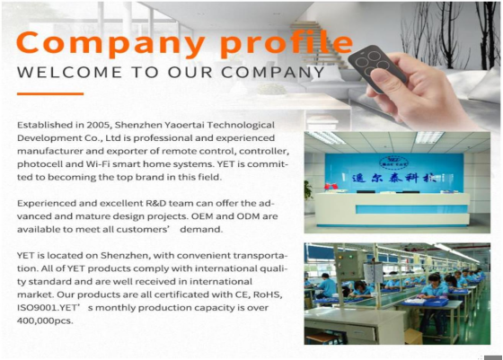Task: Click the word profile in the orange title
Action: click(x=287, y=44)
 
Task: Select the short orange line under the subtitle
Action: click(x=50, y=94)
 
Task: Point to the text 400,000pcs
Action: click(x=45, y=320)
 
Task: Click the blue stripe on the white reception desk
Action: click(x=411, y=209)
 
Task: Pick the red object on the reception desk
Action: click(x=331, y=187)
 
